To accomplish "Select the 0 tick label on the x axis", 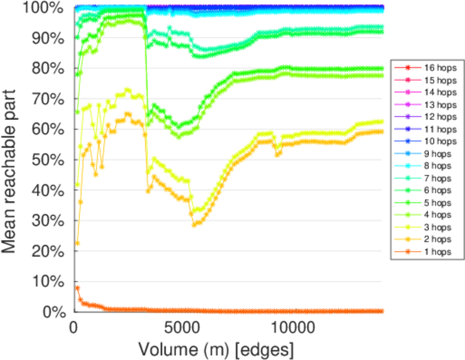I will tap(74, 329).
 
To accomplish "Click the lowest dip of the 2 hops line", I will tap(194, 225).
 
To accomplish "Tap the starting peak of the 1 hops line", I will tap(77, 288).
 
